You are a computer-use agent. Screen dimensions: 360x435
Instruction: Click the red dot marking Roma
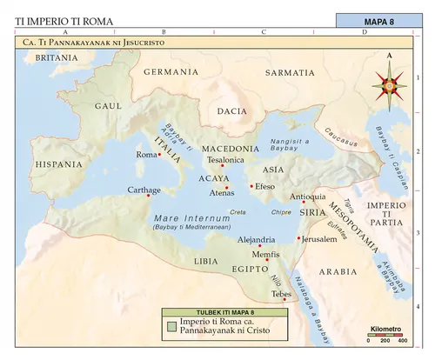[x=160, y=155]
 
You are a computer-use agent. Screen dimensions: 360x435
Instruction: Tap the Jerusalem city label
[x=318, y=238]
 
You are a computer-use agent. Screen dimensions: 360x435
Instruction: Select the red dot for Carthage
[x=148, y=196]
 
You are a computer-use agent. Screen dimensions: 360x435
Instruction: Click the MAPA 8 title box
[x=381, y=21]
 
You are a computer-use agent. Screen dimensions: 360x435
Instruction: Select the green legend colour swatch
[x=172, y=327]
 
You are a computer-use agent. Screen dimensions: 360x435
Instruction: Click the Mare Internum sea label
[x=182, y=217]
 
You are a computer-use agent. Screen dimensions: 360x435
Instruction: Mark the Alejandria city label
[x=257, y=238]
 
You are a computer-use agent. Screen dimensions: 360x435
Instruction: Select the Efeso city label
[x=265, y=186]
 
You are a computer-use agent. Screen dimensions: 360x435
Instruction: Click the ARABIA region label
[x=338, y=271]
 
